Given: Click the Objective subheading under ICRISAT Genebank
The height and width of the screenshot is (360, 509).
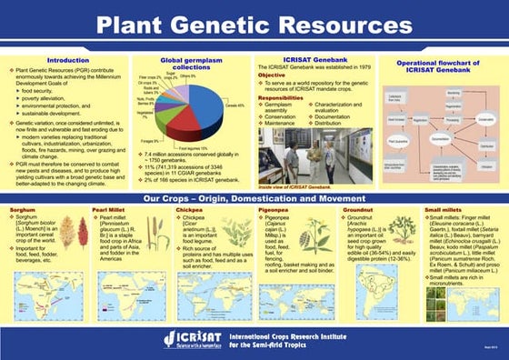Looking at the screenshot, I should [x=272, y=75].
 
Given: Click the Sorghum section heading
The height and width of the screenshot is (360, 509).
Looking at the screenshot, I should [x=23, y=210].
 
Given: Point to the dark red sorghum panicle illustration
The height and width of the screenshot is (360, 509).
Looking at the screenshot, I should [x=84, y=231].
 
